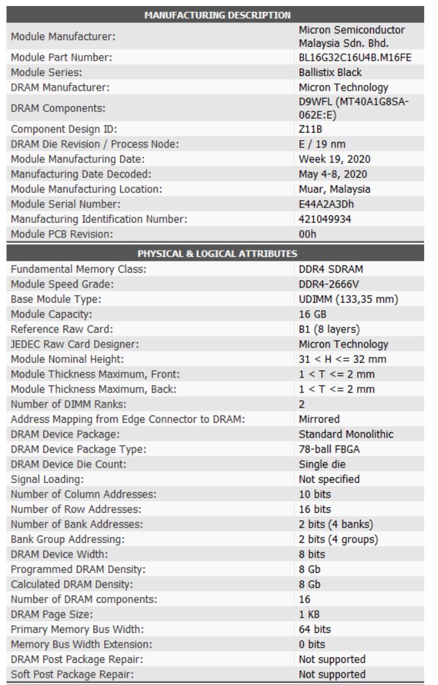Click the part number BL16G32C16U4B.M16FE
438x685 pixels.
(x=355, y=58)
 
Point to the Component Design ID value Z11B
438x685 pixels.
(x=310, y=129)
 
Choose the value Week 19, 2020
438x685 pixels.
(x=335, y=159)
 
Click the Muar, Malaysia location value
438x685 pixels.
(x=335, y=189)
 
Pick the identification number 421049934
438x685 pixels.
(x=324, y=218)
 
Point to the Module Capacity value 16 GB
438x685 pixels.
(x=312, y=313)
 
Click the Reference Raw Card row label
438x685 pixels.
(x=59, y=328)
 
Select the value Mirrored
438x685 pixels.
(x=319, y=420)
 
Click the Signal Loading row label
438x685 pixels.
(x=47, y=479)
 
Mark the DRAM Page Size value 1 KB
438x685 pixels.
(x=310, y=614)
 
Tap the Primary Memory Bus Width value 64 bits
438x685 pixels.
(x=315, y=629)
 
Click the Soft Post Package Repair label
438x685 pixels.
(x=72, y=674)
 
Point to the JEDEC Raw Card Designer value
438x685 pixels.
(x=343, y=344)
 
